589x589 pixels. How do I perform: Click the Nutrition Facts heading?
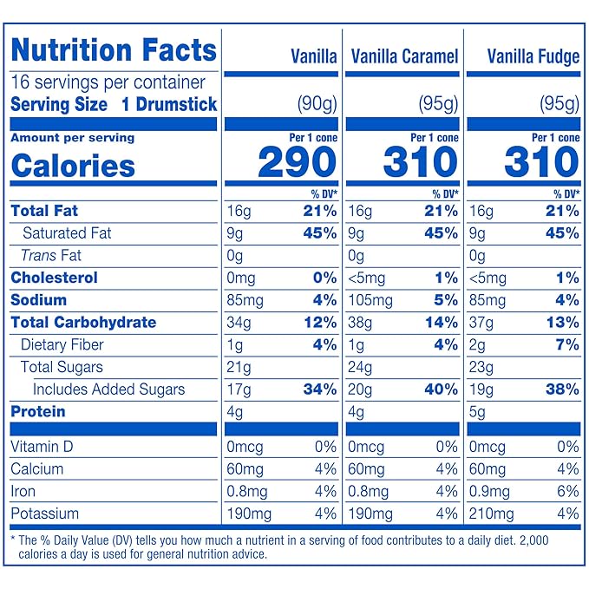click(x=114, y=49)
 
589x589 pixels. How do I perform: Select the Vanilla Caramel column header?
click(x=404, y=57)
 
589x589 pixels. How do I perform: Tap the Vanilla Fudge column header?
click(x=533, y=57)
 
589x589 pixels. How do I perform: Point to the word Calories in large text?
click(x=73, y=166)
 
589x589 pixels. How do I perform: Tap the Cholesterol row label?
click(x=54, y=278)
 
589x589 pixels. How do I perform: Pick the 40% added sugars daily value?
click(x=441, y=389)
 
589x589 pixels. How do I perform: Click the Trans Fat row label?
click(x=51, y=255)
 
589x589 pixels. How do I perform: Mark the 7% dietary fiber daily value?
click(x=566, y=345)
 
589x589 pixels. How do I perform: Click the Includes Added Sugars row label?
click(x=108, y=389)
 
